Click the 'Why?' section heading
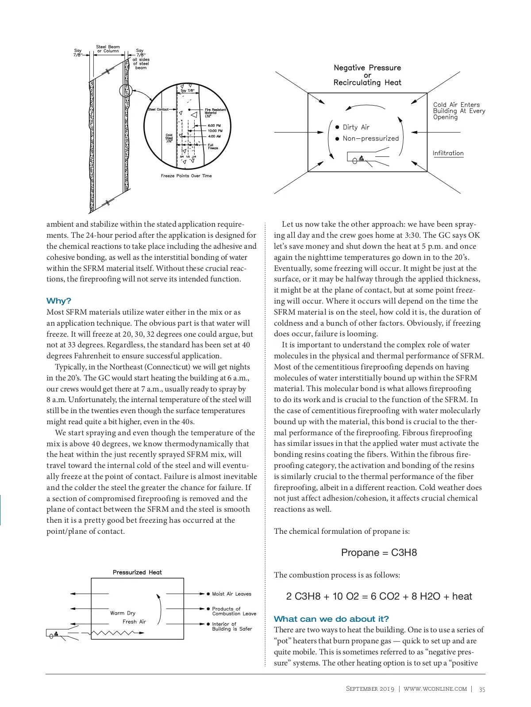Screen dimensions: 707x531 click(59, 301)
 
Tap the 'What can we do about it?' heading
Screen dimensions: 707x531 click(331, 619)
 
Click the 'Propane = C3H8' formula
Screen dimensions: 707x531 click(379, 552)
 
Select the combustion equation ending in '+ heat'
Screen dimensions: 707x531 click(379, 596)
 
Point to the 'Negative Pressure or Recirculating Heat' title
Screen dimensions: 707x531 click(367, 75)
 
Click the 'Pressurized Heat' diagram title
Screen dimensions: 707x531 click(137, 572)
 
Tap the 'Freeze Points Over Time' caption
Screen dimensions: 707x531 click(186, 176)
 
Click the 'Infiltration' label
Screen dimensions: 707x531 click(448, 153)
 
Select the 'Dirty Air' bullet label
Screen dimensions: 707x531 click(356, 127)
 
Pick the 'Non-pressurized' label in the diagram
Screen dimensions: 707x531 click(370, 138)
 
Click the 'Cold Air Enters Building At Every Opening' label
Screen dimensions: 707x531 click(459, 111)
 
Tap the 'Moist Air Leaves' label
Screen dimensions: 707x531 click(231, 594)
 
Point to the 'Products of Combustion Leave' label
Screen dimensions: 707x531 click(234, 611)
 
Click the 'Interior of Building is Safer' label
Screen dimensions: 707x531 click(231, 627)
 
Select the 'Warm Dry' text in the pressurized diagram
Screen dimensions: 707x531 click(123, 613)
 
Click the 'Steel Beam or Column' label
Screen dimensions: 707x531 click(108, 49)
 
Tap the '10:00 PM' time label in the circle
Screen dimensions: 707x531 click(215, 131)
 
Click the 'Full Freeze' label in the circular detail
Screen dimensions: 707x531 click(213, 146)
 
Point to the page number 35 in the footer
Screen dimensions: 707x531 click(482, 689)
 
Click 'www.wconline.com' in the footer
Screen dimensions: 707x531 click(435, 689)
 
